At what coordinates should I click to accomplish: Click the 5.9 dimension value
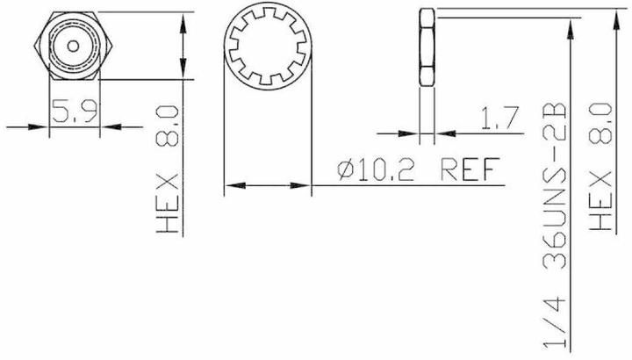pos(74,112)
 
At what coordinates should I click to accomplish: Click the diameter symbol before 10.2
pos(345,169)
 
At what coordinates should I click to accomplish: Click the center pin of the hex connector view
pos(74,45)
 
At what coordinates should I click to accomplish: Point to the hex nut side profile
pos(427,47)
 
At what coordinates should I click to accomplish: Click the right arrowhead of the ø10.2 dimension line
pos(304,186)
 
